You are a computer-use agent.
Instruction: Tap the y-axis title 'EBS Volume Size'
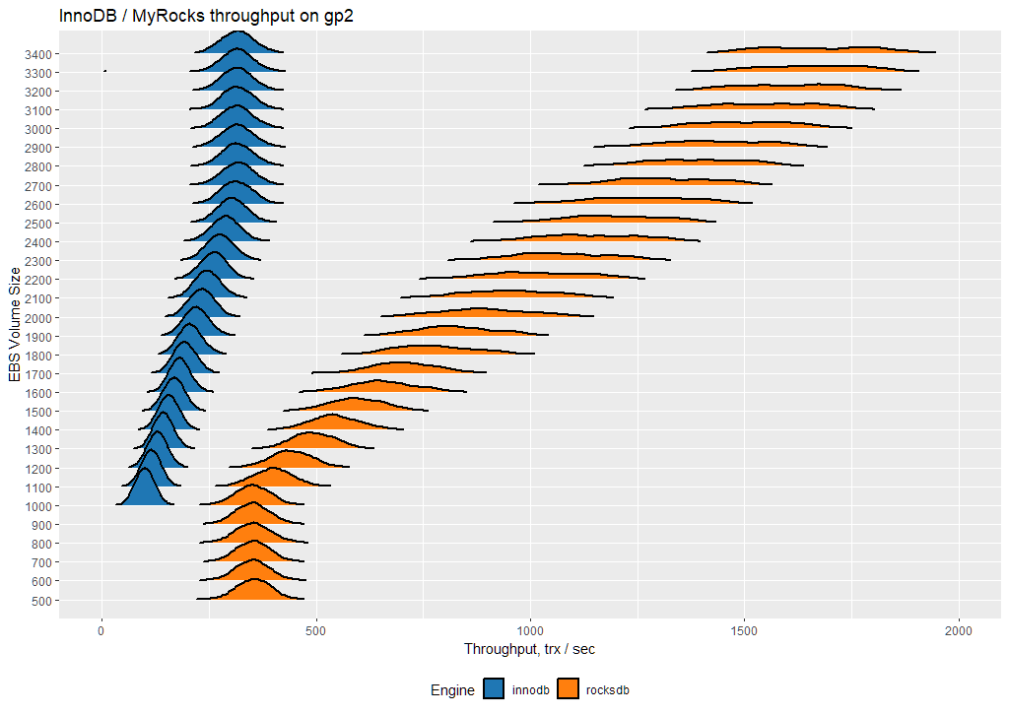[x=14, y=326]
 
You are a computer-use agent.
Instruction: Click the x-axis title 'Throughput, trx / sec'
[x=529, y=649]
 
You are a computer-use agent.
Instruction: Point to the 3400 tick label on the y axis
[x=42, y=53]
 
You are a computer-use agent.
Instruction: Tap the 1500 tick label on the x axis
[x=745, y=629]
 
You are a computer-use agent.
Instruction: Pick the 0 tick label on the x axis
[x=101, y=629]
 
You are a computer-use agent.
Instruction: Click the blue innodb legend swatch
[x=493, y=690]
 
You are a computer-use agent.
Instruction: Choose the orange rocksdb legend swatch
[x=568, y=690]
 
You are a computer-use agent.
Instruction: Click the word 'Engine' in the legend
[x=452, y=690]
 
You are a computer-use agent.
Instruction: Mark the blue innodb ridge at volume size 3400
[x=238, y=43]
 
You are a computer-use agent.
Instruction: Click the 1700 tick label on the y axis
[x=42, y=374]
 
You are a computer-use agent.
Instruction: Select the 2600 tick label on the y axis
[x=42, y=205]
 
